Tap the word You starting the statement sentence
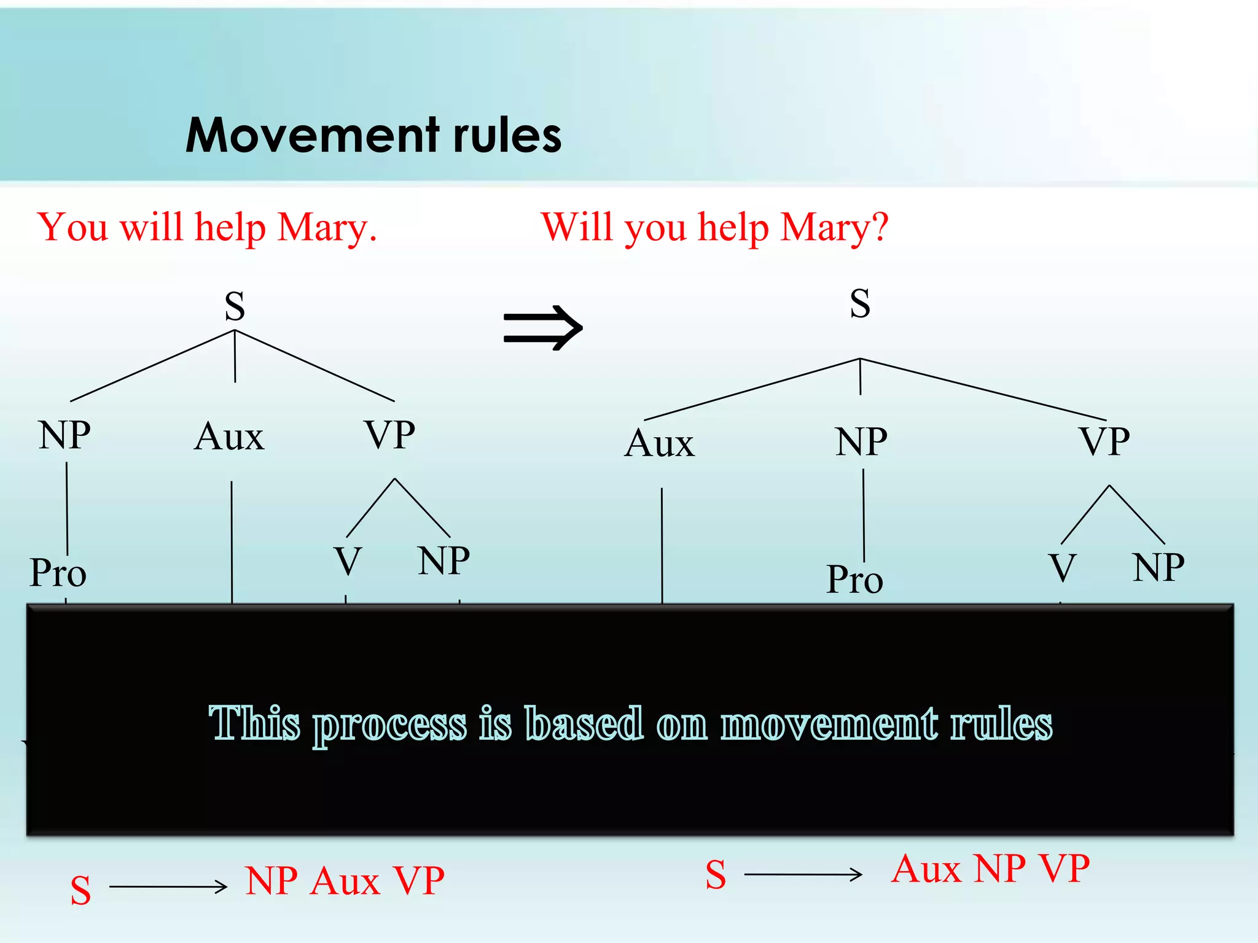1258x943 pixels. [72, 227]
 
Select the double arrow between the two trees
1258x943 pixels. [542, 328]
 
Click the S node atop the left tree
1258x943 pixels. [235, 306]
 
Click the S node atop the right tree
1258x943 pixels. [860, 303]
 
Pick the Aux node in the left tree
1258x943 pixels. [229, 437]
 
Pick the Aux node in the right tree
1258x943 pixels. [660, 443]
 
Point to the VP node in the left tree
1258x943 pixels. [390, 435]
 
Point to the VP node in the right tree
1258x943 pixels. [1104, 441]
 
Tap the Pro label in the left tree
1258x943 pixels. [58, 572]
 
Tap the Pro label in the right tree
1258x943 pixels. [854, 579]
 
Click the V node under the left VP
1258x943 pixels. [348, 561]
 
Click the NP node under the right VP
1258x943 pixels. [1158, 567]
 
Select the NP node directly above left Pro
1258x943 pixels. [64, 435]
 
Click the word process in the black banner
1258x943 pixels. [390, 724]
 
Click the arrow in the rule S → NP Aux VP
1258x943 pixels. [168, 887]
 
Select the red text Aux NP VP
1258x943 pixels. [990, 869]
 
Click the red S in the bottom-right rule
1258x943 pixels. [716, 874]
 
